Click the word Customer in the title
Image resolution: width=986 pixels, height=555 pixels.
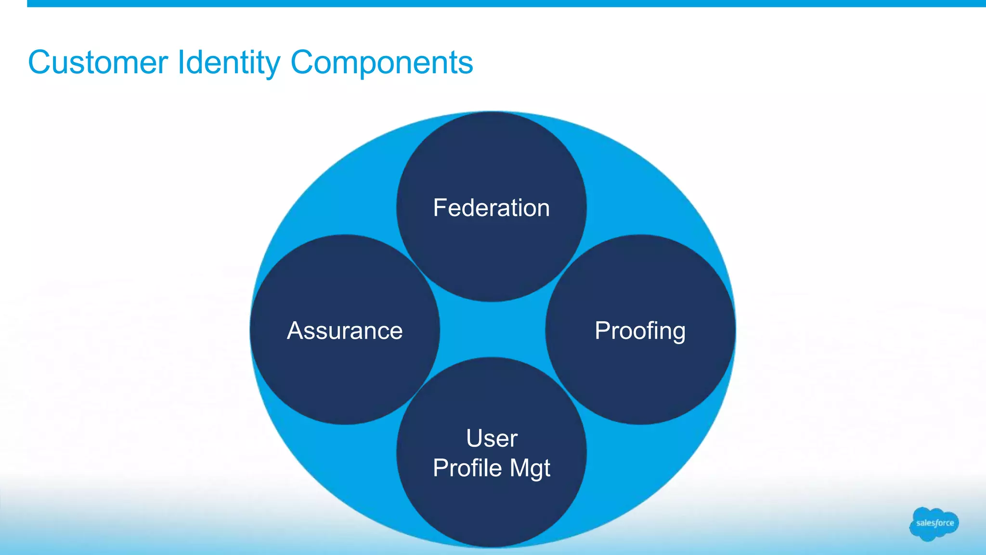click(98, 63)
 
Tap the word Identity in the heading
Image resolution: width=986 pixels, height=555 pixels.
click(228, 63)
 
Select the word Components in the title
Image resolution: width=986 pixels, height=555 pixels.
click(382, 63)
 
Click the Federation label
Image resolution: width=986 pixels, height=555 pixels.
click(491, 208)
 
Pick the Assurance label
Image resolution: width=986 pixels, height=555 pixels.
click(345, 331)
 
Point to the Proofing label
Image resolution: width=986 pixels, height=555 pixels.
click(640, 331)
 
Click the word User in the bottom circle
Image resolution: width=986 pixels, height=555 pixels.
click(492, 438)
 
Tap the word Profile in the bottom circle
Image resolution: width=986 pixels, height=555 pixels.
click(467, 468)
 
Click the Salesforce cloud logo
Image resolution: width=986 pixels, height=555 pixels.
click(934, 524)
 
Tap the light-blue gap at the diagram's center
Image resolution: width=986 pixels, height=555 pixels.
click(492, 330)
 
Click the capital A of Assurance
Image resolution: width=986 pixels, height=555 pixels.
click(295, 331)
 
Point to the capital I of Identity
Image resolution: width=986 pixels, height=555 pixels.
click(180, 63)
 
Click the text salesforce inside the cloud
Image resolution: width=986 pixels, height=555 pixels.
click(934, 523)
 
